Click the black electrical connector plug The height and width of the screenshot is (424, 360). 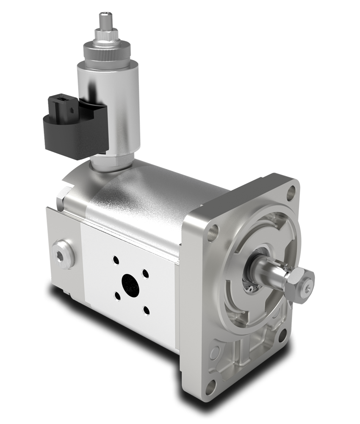pos(70,127)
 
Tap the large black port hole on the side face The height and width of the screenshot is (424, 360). pos(130,285)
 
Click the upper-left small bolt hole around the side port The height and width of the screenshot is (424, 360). pos(115,259)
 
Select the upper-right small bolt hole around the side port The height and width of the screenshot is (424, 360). pos(145,273)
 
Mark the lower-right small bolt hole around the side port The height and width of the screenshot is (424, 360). pos(146,311)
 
